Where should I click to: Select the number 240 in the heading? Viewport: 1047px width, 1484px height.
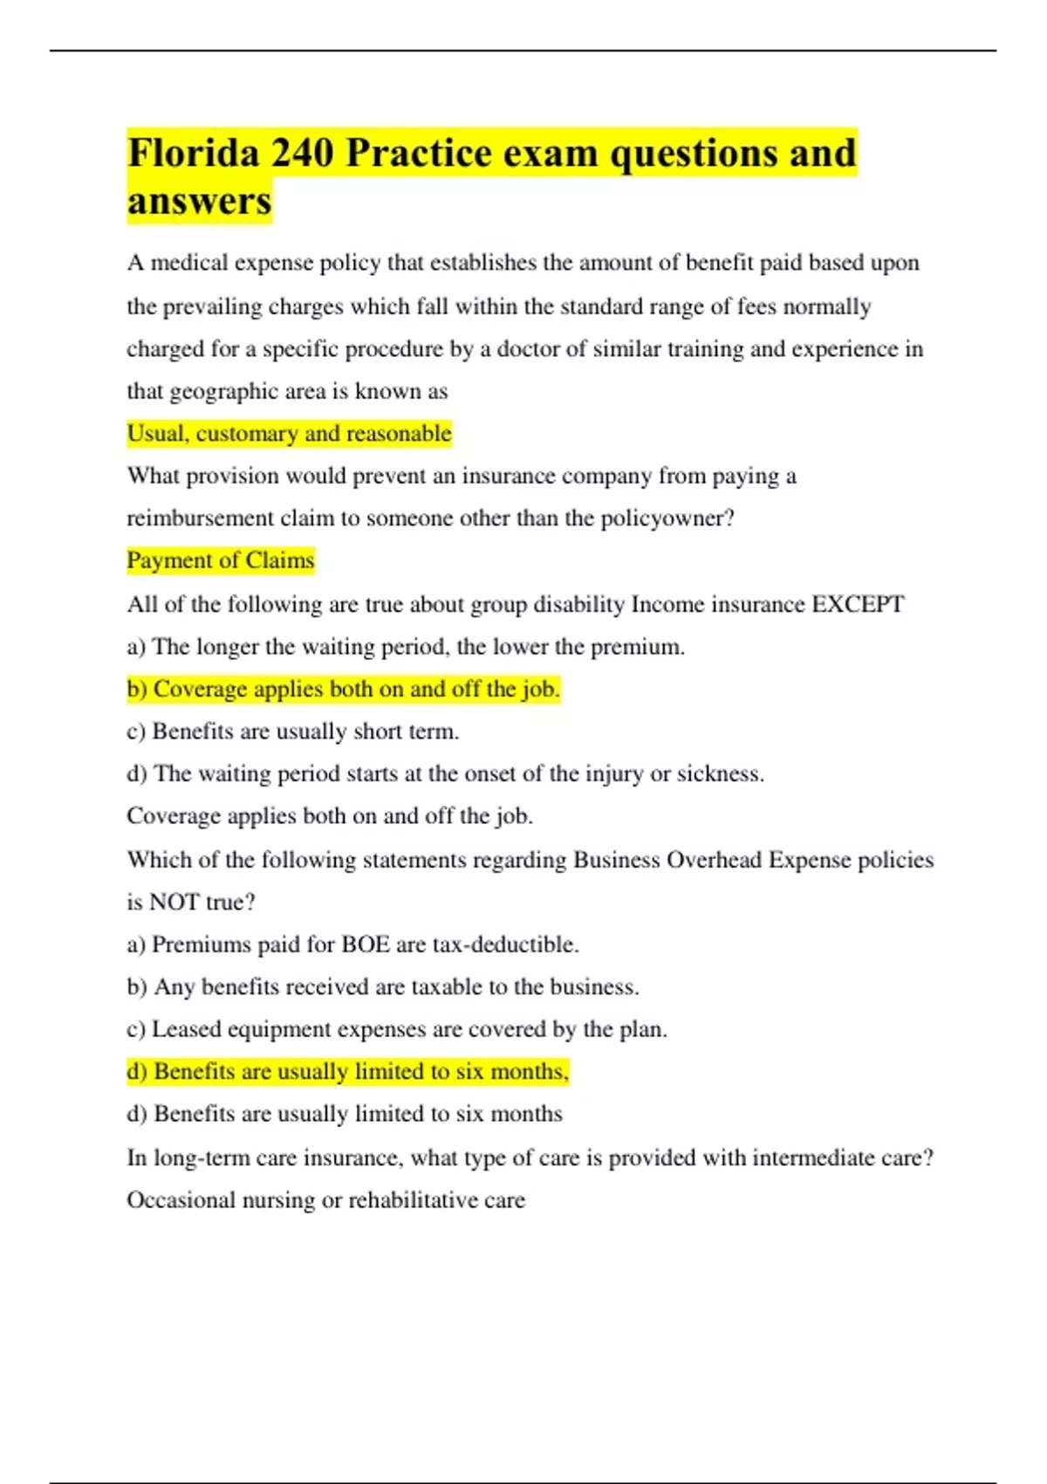(302, 154)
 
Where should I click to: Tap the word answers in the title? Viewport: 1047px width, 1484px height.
(200, 202)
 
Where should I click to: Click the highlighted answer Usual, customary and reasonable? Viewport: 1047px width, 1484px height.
(289, 434)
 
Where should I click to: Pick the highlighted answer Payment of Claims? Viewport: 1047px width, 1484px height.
(220, 560)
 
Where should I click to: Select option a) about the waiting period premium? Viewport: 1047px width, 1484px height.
(406, 647)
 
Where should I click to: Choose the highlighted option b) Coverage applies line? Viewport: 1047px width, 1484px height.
(343, 690)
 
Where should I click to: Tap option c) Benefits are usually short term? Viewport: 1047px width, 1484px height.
(292, 732)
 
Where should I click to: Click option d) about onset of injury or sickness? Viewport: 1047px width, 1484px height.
(445, 774)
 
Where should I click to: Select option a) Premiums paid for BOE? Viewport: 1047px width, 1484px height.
(352, 945)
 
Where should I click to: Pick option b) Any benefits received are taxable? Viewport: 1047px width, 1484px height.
(382, 987)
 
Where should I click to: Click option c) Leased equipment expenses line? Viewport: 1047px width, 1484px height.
(396, 1029)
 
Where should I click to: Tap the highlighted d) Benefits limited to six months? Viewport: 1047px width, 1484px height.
(347, 1072)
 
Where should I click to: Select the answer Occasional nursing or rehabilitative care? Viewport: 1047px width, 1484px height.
(325, 1200)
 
